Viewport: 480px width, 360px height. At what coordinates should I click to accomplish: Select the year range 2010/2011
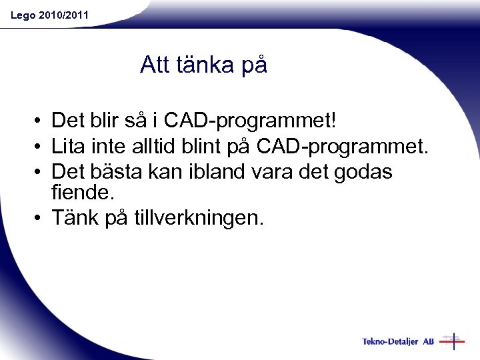pos(63,15)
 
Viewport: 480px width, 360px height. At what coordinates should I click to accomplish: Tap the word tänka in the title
pos(203,65)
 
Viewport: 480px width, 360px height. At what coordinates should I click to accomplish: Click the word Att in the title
pos(155,65)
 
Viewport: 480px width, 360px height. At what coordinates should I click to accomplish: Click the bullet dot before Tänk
pos(40,218)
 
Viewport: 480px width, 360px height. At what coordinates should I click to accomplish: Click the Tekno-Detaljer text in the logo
pos(390,341)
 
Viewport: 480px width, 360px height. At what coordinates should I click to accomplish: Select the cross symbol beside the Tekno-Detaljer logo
pos(453,341)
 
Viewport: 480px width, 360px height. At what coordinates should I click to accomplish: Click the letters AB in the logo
pos(428,341)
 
